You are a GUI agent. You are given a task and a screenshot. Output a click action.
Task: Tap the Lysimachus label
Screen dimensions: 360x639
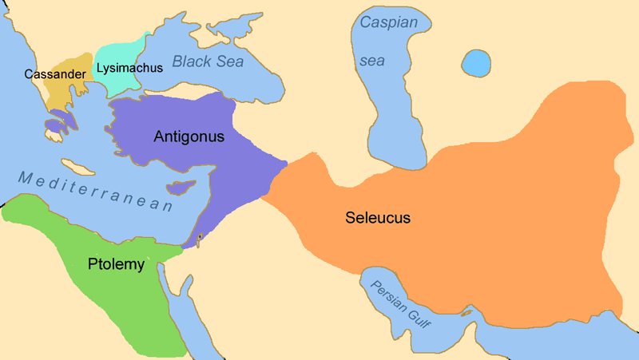click(129, 67)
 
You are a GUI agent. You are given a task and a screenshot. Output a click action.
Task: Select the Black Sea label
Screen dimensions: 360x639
click(208, 61)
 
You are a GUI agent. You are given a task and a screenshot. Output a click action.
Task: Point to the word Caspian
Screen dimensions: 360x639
click(388, 22)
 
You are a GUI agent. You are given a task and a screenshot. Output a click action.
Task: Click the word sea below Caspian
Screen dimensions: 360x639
click(376, 60)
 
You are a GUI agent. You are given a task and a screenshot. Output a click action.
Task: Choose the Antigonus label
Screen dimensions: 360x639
click(189, 136)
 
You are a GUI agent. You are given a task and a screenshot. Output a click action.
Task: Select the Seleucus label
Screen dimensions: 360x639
click(378, 217)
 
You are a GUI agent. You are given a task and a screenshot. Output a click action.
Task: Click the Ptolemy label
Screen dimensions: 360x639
click(117, 264)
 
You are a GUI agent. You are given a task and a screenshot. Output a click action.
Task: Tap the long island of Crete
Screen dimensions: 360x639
click(77, 166)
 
